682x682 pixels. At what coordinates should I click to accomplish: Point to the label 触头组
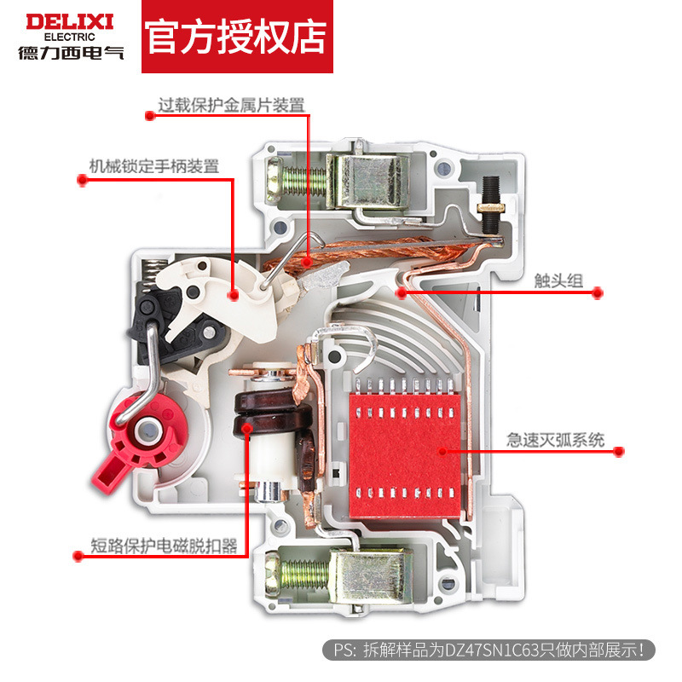(x=558, y=280)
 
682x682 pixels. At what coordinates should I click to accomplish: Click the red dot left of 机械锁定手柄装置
(x=83, y=178)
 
